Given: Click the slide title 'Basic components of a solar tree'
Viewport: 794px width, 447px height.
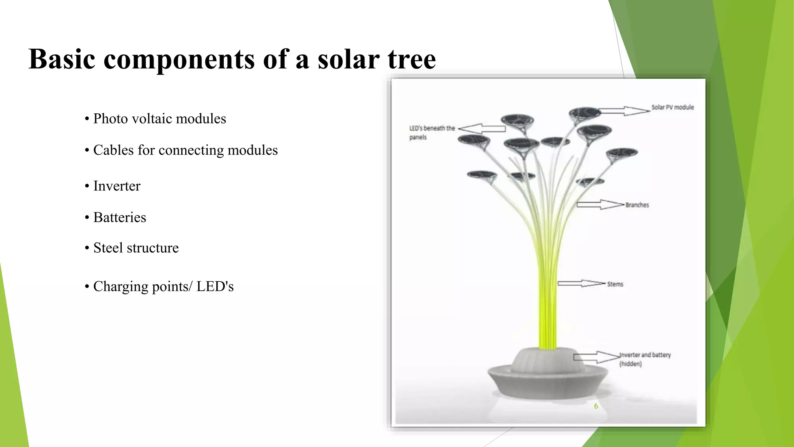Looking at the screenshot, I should pyautogui.click(x=232, y=59).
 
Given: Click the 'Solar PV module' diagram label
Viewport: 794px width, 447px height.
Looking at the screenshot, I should pyautogui.click(x=672, y=107).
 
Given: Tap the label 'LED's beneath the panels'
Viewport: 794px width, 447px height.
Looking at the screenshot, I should pyautogui.click(x=432, y=132).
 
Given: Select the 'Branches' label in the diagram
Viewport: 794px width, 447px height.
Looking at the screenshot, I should pyautogui.click(x=637, y=205).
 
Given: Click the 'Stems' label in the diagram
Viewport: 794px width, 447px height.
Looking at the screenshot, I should pyautogui.click(x=615, y=284).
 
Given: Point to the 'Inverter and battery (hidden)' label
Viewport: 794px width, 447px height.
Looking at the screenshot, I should pyautogui.click(x=644, y=359).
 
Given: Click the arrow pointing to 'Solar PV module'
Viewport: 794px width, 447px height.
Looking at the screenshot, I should pyautogui.click(x=624, y=111).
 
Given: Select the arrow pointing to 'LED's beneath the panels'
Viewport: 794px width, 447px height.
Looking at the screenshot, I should pyautogui.click(x=482, y=129).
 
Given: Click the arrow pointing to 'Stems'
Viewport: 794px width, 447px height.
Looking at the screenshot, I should pyautogui.click(x=581, y=284).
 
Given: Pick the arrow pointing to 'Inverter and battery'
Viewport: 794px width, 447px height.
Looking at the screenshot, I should pyautogui.click(x=596, y=357).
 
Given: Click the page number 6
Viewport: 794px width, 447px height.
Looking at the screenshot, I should pyautogui.click(x=596, y=406).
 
